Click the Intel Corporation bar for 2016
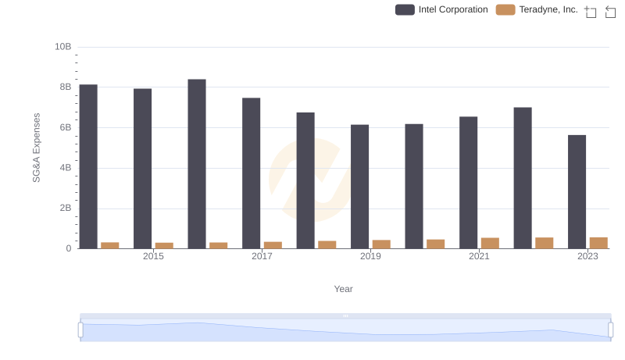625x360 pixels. (x=197, y=164)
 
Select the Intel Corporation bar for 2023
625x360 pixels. (x=577, y=192)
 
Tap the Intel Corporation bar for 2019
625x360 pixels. (x=359, y=187)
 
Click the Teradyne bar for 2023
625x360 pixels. (x=598, y=243)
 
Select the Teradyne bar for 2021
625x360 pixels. (x=490, y=243)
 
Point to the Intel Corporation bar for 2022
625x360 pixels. (x=523, y=178)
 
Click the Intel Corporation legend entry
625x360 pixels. (x=442, y=9)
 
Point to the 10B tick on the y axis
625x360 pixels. (x=63, y=47)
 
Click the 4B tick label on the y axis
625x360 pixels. (x=66, y=168)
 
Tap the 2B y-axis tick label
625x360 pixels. (x=66, y=209)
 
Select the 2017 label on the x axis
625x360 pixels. (x=262, y=256)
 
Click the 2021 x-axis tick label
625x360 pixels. (x=479, y=256)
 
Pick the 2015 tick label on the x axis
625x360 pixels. (x=153, y=256)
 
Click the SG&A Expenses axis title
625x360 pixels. (x=36, y=148)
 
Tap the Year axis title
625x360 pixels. (x=344, y=289)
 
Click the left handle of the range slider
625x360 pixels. (x=80, y=330)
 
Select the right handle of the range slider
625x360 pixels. (x=610, y=330)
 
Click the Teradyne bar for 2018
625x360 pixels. (x=327, y=244)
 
